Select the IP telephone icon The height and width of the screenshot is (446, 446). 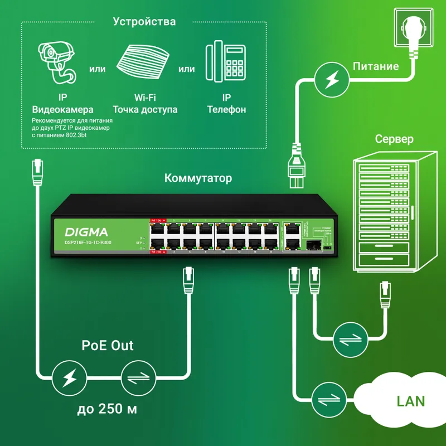tap(226, 63)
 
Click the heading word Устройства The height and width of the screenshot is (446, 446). tap(144, 22)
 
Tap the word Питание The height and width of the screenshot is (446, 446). tap(376, 66)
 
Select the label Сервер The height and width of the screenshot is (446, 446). tap(394, 139)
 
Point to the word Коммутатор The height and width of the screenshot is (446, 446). tap(198, 178)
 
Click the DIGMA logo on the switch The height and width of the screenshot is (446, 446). tap(86, 231)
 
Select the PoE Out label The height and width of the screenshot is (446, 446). tap(108, 345)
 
